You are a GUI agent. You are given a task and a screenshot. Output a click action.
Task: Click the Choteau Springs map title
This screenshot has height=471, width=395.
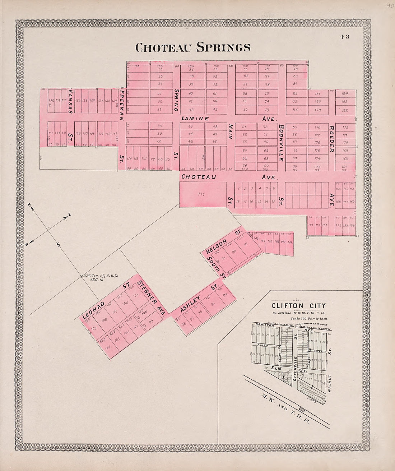coord(192,47)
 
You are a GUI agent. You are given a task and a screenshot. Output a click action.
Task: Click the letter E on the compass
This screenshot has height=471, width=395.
coord(70,214)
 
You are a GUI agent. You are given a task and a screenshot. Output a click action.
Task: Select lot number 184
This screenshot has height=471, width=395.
coord(345,93)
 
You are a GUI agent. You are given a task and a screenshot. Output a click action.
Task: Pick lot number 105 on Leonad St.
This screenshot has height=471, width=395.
coord(135,296)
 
